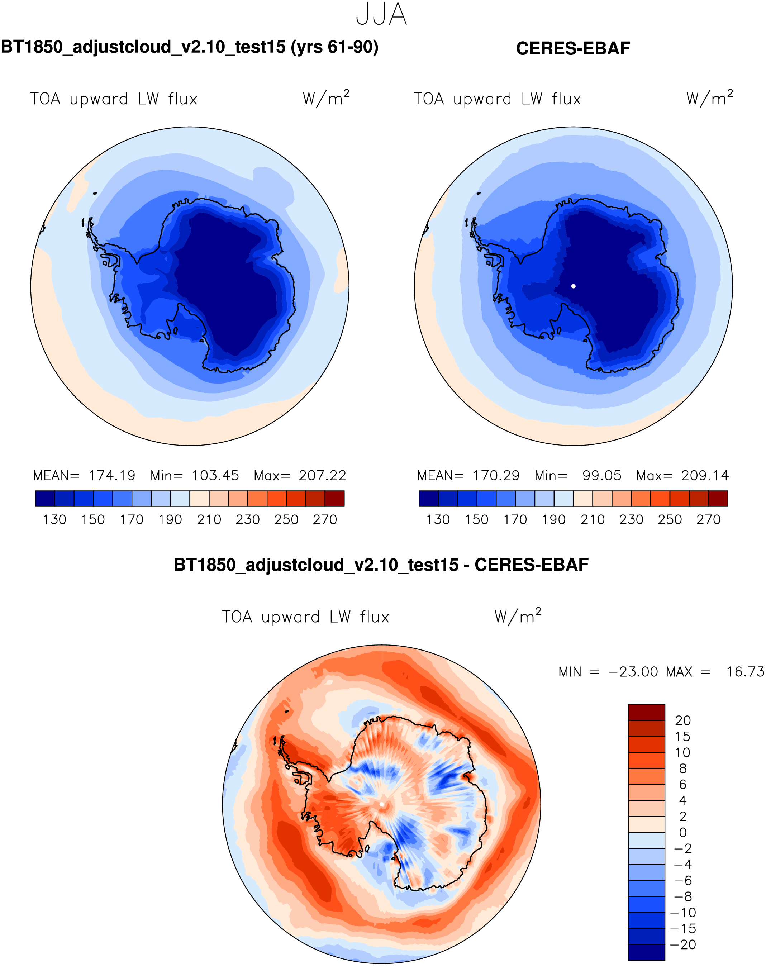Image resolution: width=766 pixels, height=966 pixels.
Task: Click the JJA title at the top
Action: coord(381,15)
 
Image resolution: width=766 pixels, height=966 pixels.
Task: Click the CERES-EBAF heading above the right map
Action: coord(573,48)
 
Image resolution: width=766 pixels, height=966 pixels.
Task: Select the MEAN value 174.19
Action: coord(111,475)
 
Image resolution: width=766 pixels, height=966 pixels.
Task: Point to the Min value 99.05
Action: coord(601,475)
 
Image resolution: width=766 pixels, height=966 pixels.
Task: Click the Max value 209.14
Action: coord(705,475)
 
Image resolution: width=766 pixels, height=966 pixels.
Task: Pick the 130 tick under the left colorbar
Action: coord(54,520)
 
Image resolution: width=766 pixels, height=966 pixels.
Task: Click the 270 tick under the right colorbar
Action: coord(708,520)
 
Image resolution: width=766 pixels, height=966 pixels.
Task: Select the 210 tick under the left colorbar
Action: coord(209,520)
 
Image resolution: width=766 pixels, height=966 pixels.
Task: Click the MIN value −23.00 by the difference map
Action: coord(633,672)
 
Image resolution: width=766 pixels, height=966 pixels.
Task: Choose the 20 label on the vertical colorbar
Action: coord(683,720)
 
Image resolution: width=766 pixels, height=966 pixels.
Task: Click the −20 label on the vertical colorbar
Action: coord(683,944)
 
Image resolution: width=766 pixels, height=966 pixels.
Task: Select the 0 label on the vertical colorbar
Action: coord(683,832)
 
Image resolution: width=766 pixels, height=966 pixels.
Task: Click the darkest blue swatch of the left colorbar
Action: coord(45,498)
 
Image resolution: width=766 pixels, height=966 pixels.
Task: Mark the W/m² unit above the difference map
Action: coord(518,616)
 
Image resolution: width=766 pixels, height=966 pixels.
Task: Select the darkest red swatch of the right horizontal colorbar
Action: coord(718,498)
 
